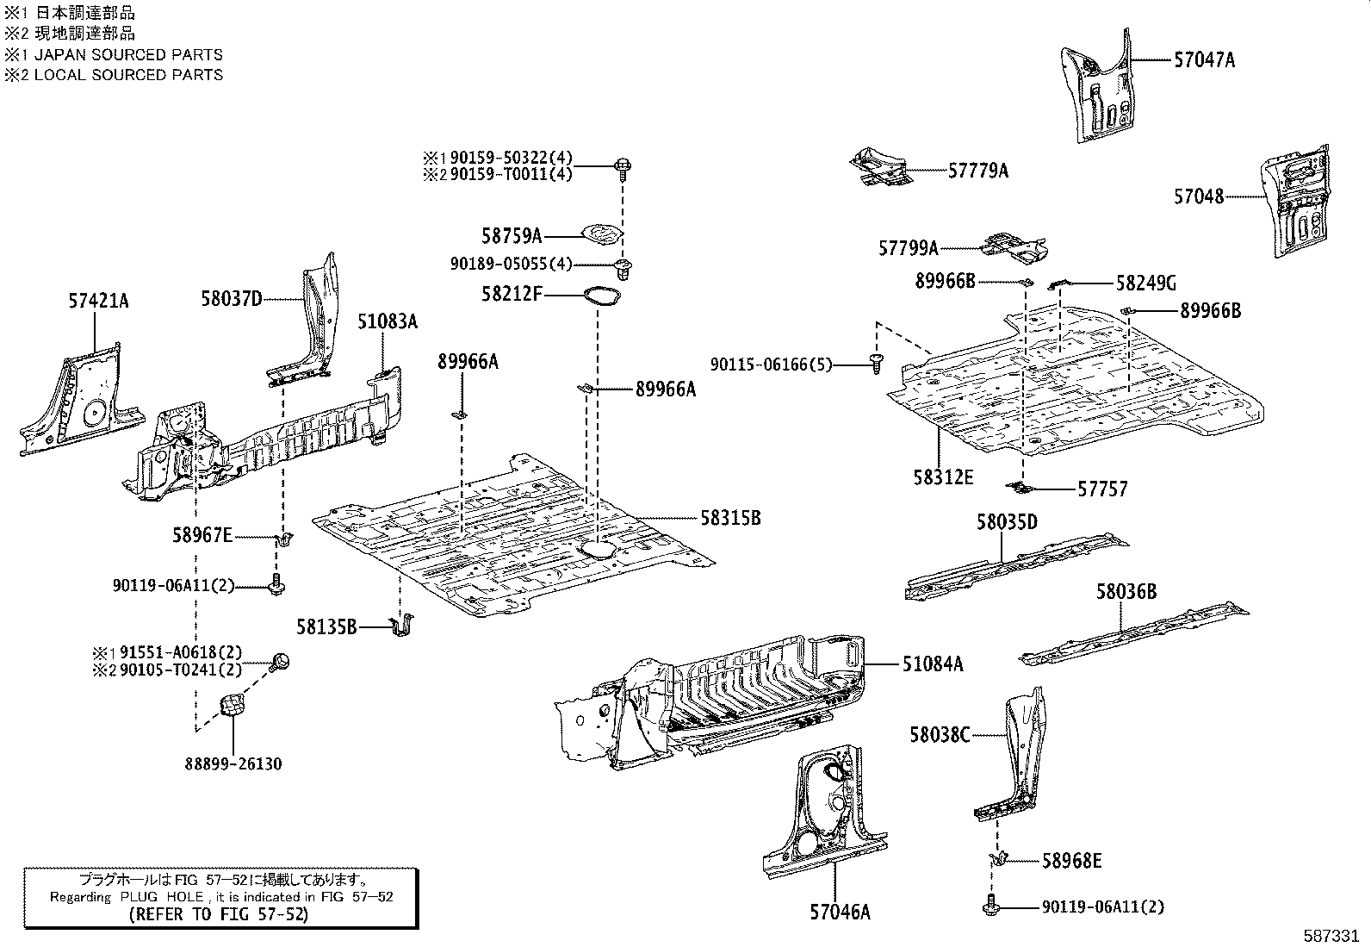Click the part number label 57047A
coord(1204,60)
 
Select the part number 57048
coord(1198,196)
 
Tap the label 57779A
coord(977,171)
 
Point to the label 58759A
coord(512,235)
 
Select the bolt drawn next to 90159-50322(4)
coord(621,166)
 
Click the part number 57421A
coord(98,301)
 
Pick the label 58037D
coord(232,299)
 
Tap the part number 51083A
coord(388,321)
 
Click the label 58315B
coord(730,518)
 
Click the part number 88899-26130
coord(233,763)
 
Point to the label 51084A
coord(933,664)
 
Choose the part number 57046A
coord(840,911)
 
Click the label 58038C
coord(940,735)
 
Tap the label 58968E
coord(1071,860)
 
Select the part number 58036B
coord(1126,592)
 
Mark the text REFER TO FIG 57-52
coord(218,914)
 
